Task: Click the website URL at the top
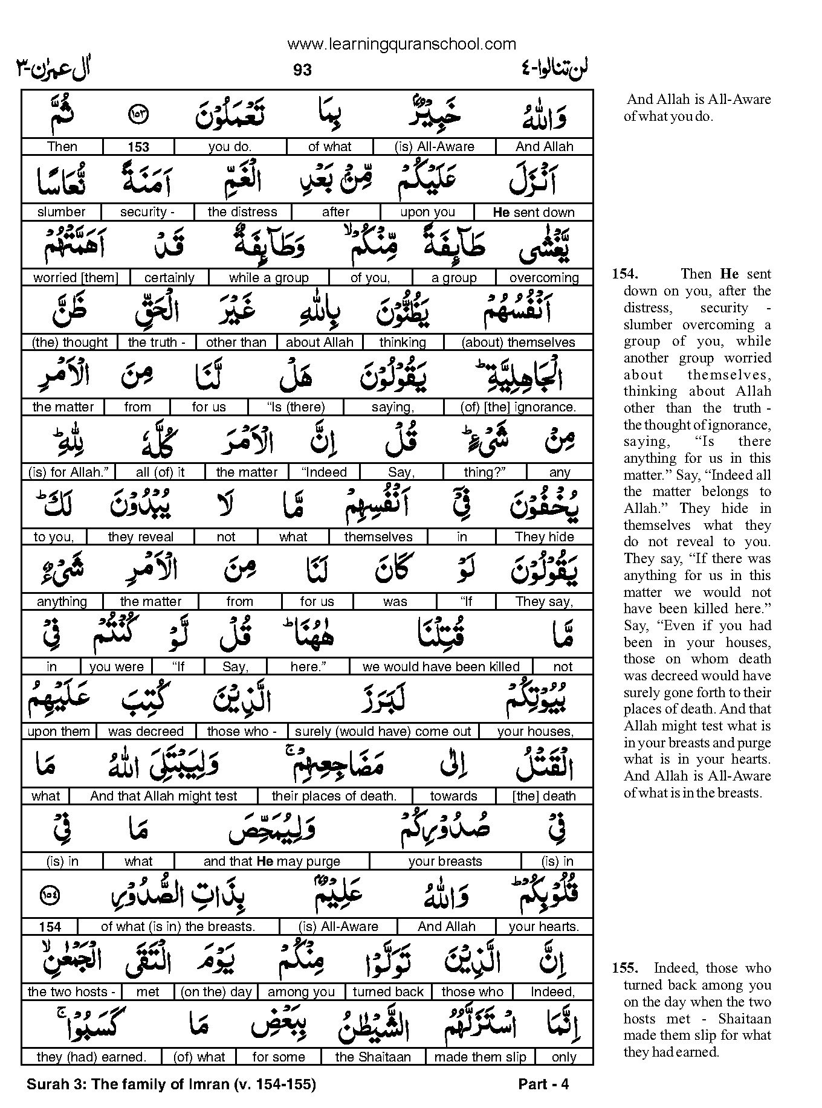(402, 44)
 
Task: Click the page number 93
(302, 70)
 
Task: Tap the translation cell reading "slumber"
(61, 212)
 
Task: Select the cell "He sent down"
(533, 212)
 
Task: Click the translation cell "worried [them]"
(76, 278)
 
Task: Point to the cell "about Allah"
(319, 343)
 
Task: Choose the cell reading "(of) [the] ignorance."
(518, 407)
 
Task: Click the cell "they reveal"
(140, 537)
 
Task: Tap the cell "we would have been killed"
(441, 667)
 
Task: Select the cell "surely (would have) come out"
(383, 732)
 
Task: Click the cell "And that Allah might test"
(163, 796)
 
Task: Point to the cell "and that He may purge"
(271, 862)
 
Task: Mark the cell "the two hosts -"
(71, 992)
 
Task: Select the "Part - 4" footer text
(543, 1084)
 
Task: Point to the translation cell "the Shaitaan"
(373, 1057)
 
